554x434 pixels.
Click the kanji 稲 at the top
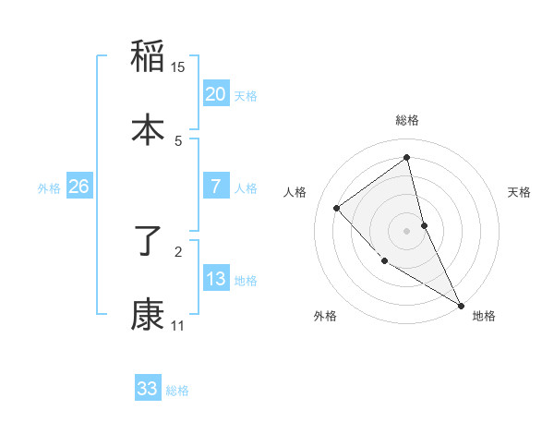tap(148, 56)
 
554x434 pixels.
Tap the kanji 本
tap(148, 130)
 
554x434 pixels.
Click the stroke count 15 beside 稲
tap(178, 67)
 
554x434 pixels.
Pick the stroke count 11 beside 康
tap(178, 326)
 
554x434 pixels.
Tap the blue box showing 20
tap(216, 94)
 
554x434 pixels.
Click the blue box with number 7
tap(216, 187)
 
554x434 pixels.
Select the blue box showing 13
tap(216, 279)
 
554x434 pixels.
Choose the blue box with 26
tap(78, 187)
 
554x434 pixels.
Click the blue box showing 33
tap(148, 389)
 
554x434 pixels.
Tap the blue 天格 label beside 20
tap(246, 96)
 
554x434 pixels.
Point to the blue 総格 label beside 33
tap(177, 391)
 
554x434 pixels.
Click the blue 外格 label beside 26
tap(49, 188)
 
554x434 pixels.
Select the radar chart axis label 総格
tap(407, 120)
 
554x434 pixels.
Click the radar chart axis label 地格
tap(484, 317)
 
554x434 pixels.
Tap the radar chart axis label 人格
tap(295, 192)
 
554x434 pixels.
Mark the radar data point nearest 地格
tap(461, 305)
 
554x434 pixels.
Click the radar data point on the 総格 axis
tap(407, 157)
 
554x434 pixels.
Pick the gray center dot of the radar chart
tap(407, 230)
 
